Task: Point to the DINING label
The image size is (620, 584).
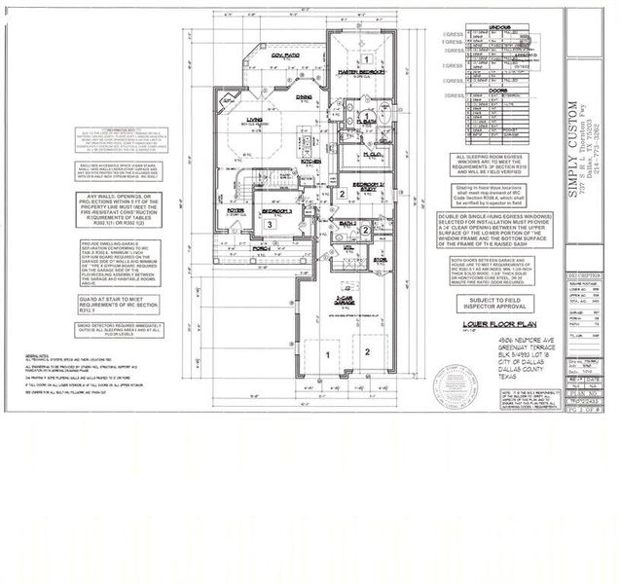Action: tap(304, 97)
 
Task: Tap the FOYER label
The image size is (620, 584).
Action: tap(236, 209)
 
